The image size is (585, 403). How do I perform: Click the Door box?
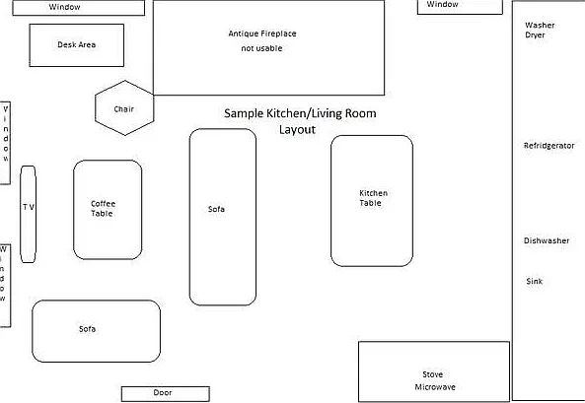click(x=166, y=394)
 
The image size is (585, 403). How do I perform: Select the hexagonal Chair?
click(x=124, y=107)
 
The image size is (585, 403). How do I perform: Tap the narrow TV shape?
click(x=28, y=214)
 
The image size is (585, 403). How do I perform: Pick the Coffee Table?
click(x=108, y=210)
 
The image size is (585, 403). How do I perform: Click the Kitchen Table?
click(x=372, y=201)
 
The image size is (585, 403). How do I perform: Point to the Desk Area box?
click(x=77, y=45)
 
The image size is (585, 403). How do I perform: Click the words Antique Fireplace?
click(x=262, y=34)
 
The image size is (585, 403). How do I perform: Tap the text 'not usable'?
click(x=261, y=48)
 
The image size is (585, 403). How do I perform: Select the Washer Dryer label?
click(x=540, y=30)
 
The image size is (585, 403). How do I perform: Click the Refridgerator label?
click(x=548, y=146)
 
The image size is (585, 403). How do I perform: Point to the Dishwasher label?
click(x=547, y=240)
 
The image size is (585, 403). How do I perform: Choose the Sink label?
click(x=535, y=281)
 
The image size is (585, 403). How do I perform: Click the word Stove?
click(x=433, y=374)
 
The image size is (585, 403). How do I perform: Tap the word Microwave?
click(x=435, y=387)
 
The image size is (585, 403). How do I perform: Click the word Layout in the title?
click(x=297, y=130)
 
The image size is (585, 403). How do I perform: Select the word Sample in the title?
click(x=244, y=113)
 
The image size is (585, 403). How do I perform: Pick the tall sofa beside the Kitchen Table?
click(x=223, y=217)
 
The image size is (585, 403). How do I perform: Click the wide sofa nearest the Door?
click(x=97, y=331)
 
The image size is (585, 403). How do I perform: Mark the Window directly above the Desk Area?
click(x=78, y=8)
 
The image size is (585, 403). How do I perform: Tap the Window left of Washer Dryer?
click(x=460, y=7)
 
